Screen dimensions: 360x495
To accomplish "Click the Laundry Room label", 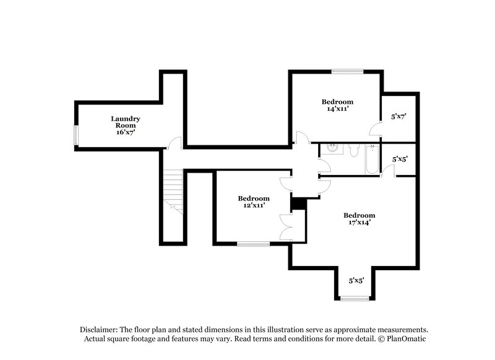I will (126, 121).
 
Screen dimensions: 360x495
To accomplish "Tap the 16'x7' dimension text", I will (126, 132).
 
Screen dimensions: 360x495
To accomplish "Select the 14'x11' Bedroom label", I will (337, 102).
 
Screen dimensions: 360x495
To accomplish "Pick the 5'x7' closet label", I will (398, 116).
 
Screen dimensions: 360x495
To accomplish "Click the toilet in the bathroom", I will (353, 150).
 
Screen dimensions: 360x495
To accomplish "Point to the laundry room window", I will (77, 135).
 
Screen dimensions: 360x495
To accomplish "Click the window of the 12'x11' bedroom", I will (253, 244).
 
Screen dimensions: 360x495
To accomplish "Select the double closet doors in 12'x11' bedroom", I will (285, 226).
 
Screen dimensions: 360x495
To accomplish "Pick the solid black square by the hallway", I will (298, 204).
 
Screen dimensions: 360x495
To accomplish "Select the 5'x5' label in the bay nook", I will (356, 280).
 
